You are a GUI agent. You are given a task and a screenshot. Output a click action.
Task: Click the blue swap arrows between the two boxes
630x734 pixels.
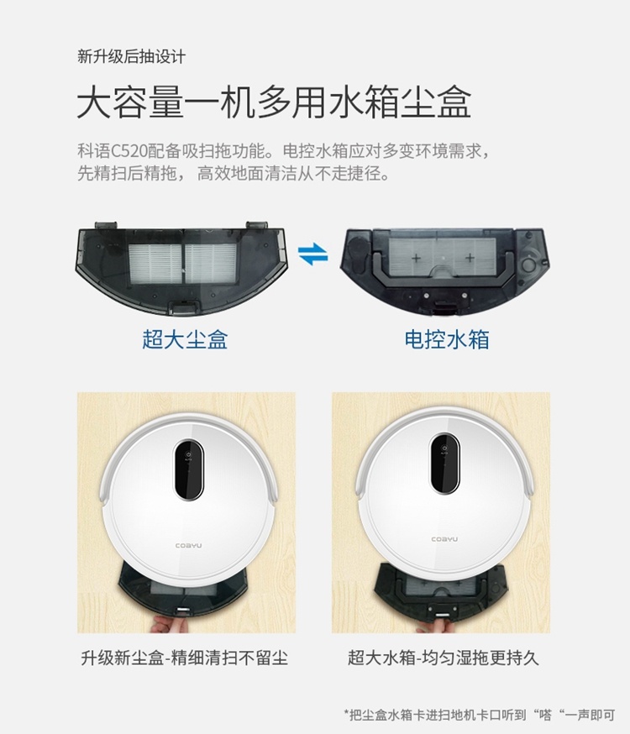tap(313, 254)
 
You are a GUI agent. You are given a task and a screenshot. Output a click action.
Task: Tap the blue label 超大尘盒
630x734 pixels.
tap(185, 339)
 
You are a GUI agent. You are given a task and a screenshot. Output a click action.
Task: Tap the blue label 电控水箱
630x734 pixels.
tap(447, 339)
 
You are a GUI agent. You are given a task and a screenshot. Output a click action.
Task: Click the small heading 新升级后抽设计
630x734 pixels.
tap(132, 56)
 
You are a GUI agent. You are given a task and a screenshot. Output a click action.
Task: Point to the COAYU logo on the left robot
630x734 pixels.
tap(189, 545)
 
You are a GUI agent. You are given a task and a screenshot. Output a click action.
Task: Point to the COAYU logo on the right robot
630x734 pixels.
tap(444, 539)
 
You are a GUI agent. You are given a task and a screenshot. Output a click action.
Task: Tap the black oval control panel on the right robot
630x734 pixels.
tap(444, 464)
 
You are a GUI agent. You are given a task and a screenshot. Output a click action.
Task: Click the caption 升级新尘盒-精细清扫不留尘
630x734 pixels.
tap(185, 658)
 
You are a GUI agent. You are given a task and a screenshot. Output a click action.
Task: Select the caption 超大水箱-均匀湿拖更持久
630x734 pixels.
tap(444, 658)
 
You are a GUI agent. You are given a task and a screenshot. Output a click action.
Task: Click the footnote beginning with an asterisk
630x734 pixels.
tap(480, 715)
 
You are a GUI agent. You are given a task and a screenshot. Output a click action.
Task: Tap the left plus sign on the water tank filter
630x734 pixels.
tap(416, 258)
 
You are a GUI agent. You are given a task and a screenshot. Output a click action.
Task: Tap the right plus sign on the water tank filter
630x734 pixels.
tap(470, 258)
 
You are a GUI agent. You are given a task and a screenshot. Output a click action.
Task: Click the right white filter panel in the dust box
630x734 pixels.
tap(211, 264)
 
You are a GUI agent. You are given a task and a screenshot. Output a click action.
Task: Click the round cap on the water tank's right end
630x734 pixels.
tap(529, 265)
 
